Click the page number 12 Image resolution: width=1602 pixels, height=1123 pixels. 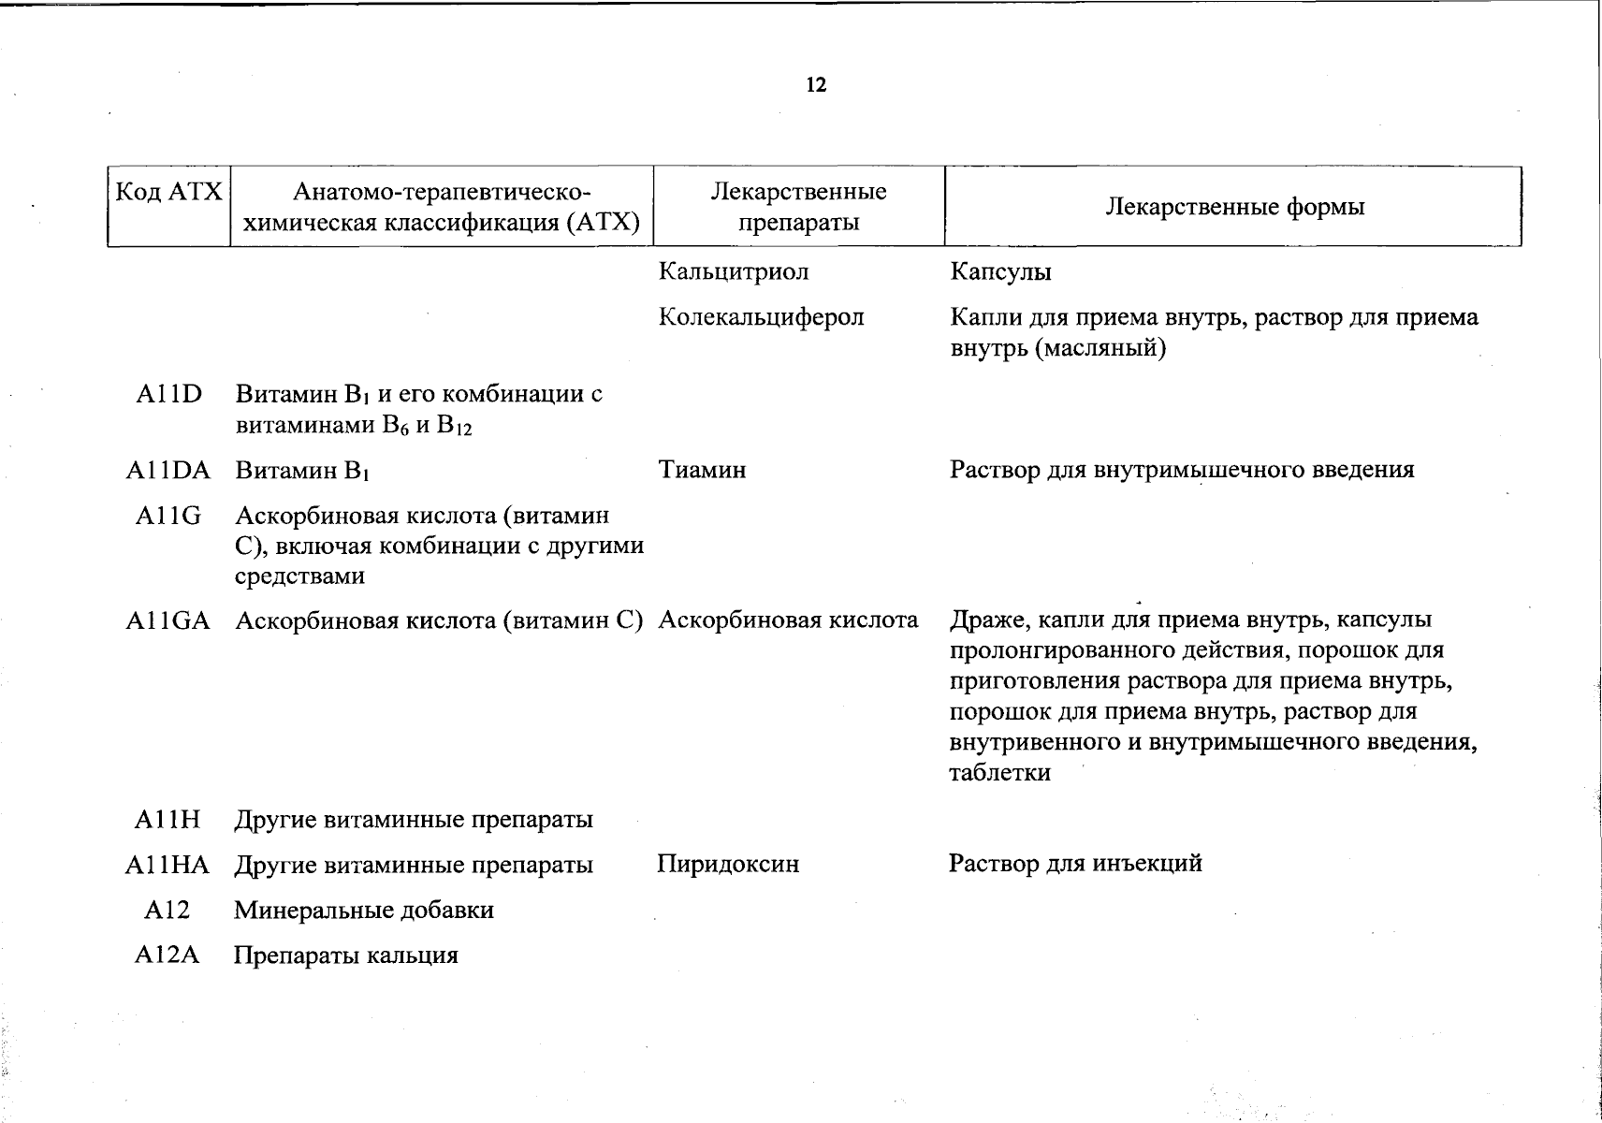point(816,85)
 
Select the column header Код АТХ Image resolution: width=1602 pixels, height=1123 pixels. point(168,193)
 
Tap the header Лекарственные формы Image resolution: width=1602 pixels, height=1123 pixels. point(1234,207)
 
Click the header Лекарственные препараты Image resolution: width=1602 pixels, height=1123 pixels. point(798,207)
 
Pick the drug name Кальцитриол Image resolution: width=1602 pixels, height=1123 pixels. point(734,271)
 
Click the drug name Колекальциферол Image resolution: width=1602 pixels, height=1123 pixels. point(761,317)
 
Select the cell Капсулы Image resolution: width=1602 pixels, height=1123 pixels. point(1000,271)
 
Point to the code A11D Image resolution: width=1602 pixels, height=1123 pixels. point(168,394)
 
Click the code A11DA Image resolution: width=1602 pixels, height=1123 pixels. point(168,470)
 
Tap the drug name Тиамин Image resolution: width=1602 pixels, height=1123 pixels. point(702,470)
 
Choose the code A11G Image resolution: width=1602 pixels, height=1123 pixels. point(168,516)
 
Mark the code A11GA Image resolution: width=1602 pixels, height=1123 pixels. point(168,620)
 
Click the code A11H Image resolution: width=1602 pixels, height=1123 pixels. point(168,820)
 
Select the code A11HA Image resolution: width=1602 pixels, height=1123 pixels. point(168,865)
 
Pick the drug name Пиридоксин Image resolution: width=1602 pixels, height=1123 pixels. point(728,864)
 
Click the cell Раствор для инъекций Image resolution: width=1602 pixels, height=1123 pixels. point(1075,863)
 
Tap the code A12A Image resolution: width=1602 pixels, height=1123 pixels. point(168,955)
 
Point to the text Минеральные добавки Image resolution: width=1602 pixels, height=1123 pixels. point(364,910)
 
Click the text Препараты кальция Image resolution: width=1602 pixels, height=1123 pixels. point(346,955)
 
